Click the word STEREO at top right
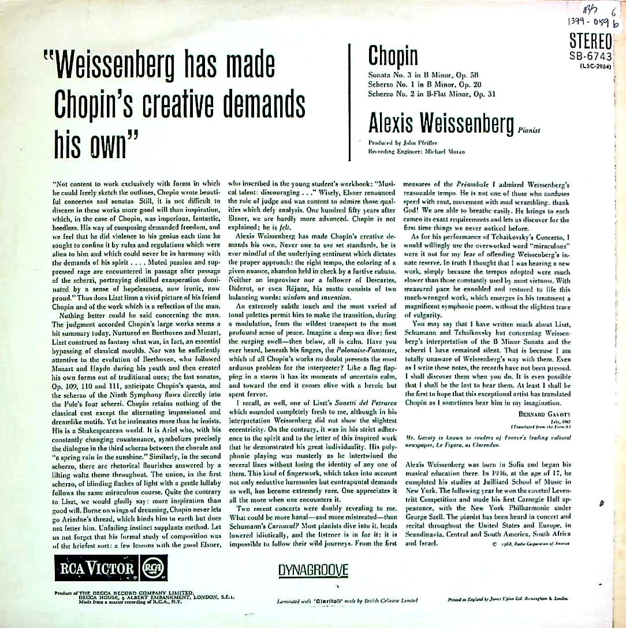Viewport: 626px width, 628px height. (590, 41)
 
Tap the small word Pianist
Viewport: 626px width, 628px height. (529, 131)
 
